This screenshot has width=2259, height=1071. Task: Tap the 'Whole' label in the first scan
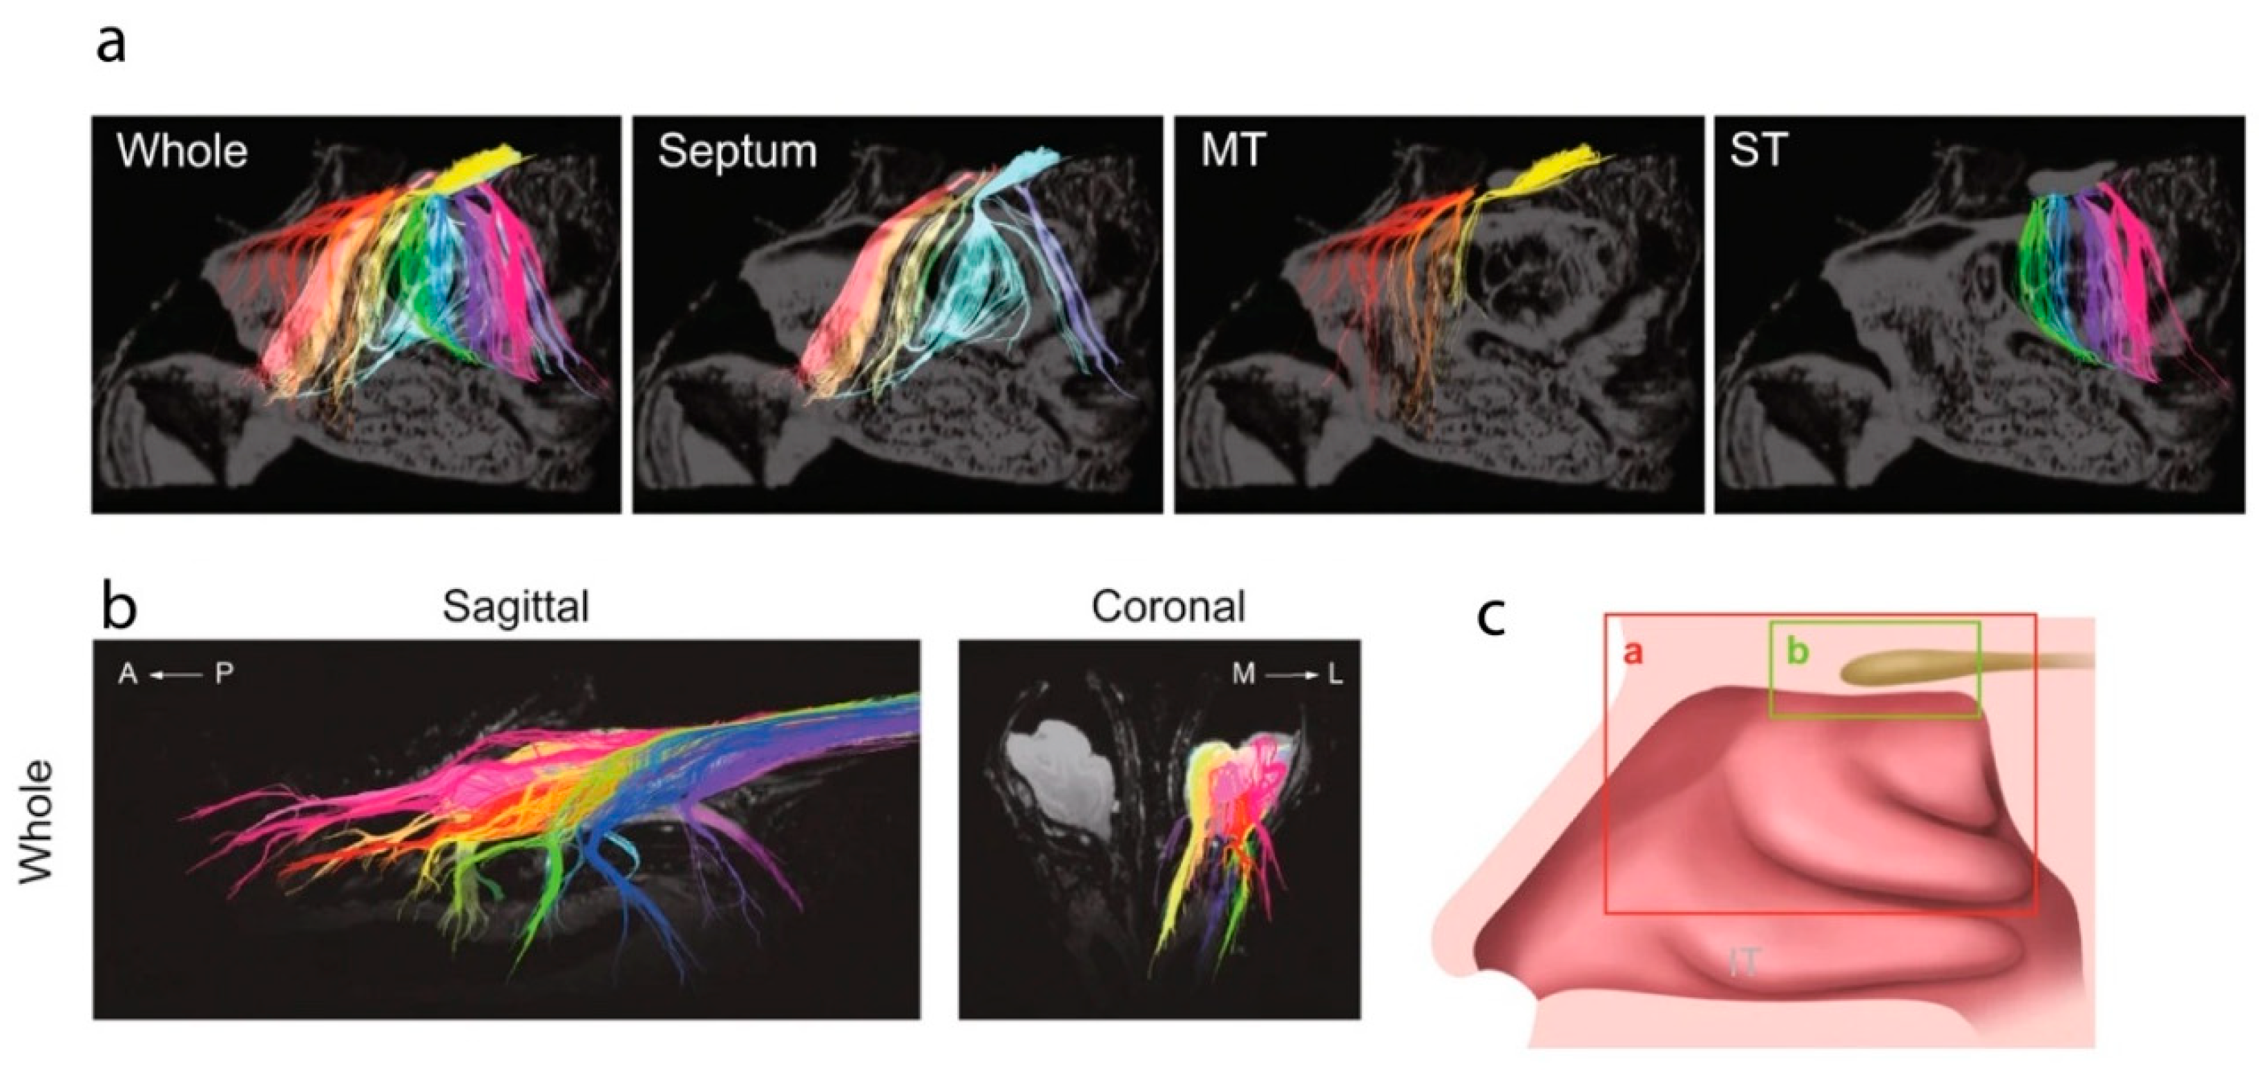pyautogui.click(x=182, y=152)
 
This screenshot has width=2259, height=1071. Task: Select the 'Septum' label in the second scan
pyautogui.click(x=738, y=153)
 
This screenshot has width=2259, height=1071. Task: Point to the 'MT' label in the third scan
pyautogui.click(x=1233, y=152)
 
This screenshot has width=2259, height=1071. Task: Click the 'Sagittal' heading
pyautogui.click(x=516, y=607)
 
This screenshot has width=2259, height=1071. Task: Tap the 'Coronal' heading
pyautogui.click(x=1168, y=606)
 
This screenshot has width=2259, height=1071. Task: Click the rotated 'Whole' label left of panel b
pyautogui.click(x=36, y=821)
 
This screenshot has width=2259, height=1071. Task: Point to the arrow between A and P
pyautogui.click(x=175, y=675)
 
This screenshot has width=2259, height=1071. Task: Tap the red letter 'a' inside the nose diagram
pyautogui.click(x=1632, y=653)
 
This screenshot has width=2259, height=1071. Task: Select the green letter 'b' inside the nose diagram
pyautogui.click(x=1798, y=651)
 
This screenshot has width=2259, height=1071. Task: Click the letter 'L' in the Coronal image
pyautogui.click(x=1335, y=675)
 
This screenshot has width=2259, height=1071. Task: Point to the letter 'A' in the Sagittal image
pyautogui.click(x=128, y=675)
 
